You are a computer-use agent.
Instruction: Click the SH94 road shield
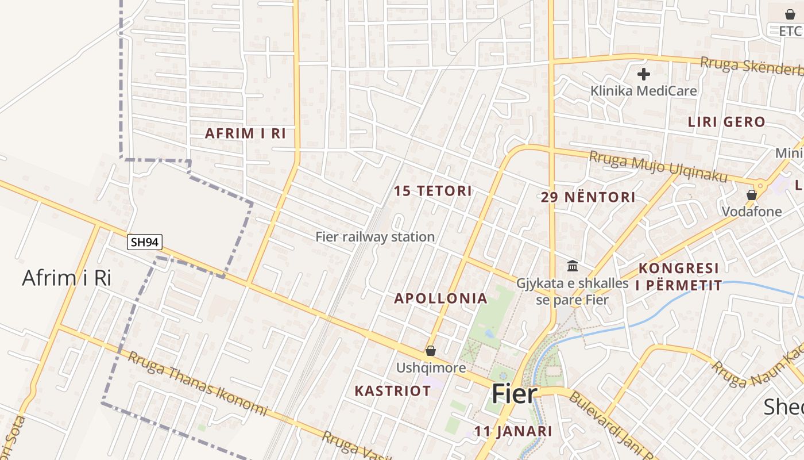[x=144, y=243]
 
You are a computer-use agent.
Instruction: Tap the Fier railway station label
[x=375, y=237]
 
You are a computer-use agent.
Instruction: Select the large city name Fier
[x=514, y=394]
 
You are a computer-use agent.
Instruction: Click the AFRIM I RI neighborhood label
[x=245, y=133]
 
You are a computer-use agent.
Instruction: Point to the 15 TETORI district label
[x=433, y=191]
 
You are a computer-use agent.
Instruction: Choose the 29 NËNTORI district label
[x=588, y=197]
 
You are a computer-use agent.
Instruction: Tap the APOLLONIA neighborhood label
[x=440, y=298]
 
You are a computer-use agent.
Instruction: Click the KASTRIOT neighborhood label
[x=392, y=391]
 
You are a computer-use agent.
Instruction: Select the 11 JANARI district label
[x=513, y=431]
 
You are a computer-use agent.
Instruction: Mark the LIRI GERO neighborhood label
[x=726, y=122]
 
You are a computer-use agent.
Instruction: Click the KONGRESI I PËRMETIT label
[x=679, y=277]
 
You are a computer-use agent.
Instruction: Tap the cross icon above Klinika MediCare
[x=644, y=74]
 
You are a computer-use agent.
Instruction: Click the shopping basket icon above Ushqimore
[x=431, y=351]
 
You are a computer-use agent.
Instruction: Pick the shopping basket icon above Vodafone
[x=752, y=195]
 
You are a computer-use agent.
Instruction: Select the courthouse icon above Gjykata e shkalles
[x=573, y=266]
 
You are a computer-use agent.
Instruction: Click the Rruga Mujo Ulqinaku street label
[x=658, y=166]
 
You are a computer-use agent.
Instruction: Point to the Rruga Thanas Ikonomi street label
[x=198, y=384]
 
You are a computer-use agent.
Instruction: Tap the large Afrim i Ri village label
[x=66, y=278]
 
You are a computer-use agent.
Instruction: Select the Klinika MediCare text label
[x=644, y=91]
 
